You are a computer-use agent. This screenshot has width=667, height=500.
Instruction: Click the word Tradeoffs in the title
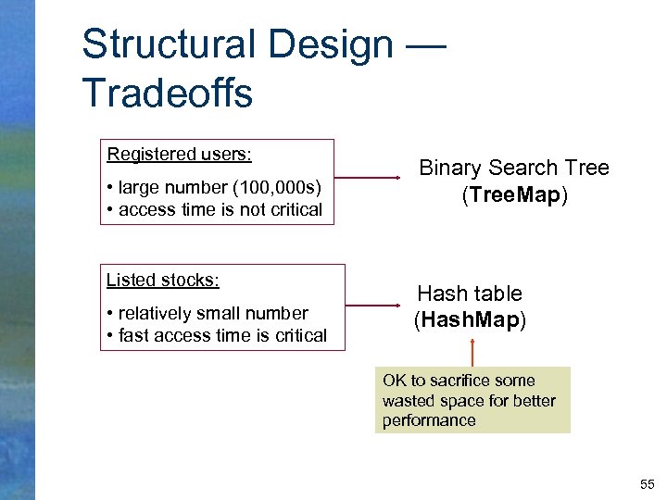point(167,93)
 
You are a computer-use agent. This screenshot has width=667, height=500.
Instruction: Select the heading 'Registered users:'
point(180,154)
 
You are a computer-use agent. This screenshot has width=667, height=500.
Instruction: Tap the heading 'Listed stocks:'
point(163,280)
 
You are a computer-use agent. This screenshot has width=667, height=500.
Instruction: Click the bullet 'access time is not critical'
point(220,209)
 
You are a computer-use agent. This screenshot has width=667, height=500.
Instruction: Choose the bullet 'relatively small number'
point(213,313)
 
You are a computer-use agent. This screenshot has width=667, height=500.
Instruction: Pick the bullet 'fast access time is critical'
point(222,335)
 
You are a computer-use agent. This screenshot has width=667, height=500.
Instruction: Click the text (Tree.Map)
point(514,196)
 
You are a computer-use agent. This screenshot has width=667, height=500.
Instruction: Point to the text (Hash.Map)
point(470,320)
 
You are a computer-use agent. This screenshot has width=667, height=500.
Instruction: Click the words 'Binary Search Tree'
point(514,168)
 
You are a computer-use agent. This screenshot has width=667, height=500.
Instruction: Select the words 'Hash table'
point(470,294)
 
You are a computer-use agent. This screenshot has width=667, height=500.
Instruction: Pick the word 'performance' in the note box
point(429,420)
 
